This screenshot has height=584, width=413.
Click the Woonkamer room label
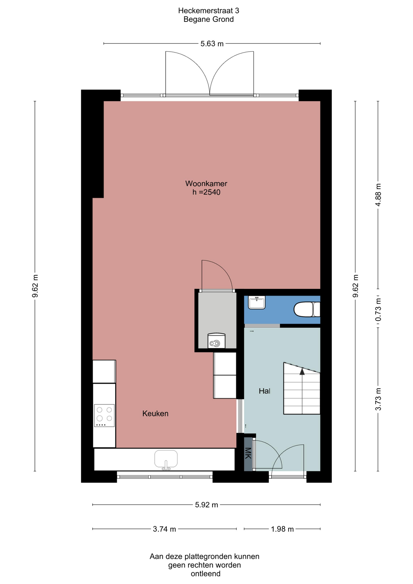(206, 183)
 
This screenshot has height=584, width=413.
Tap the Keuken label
(155, 413)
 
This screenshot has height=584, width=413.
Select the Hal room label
(265, 391)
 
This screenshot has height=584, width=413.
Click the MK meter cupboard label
(248, 453)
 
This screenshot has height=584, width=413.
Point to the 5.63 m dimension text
(212, 44)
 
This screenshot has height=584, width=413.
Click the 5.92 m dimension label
(206, 505)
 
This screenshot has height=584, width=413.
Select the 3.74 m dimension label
(164, 529)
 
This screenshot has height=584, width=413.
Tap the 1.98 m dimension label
(282, 529)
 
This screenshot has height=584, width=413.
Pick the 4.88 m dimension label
(378, 195)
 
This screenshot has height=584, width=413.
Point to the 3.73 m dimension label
(378, 399)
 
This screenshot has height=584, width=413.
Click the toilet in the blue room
(307, 309)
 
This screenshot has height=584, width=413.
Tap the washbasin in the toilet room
(257, 302)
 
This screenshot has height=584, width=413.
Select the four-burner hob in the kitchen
(104, 415)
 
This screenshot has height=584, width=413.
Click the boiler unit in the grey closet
(217, 341)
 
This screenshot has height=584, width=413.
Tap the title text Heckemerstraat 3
(209, 11)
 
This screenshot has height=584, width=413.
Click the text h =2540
(206, 192)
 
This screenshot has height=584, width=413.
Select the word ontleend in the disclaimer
(206, 574)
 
